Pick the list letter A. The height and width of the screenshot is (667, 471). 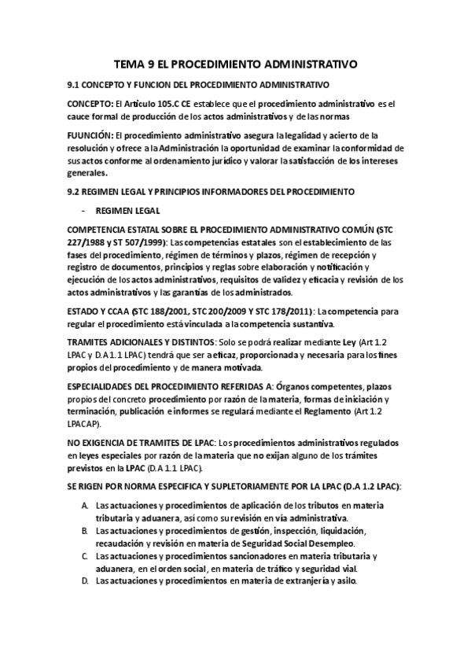coord(83,507)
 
